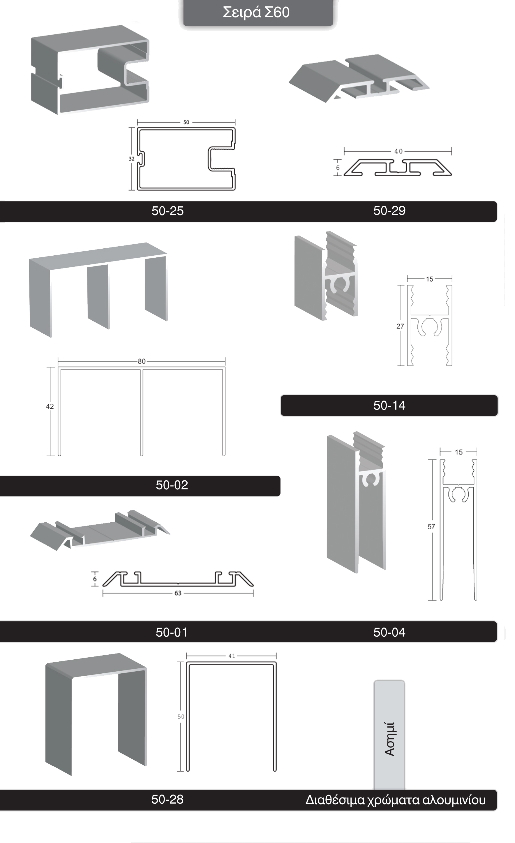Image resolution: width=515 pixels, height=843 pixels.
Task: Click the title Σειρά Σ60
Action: (x=256, y=12)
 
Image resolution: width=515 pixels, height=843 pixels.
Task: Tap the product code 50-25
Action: (x=167, y=211)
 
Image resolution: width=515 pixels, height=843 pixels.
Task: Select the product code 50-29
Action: (x=389, y=210)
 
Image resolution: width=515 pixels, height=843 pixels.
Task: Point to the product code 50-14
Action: (x=389, y=405)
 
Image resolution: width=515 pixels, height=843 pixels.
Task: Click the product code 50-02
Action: (x=172, y=485)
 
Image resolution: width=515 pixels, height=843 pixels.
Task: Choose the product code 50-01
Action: (x=172, y=632)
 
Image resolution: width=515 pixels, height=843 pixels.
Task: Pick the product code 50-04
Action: (x=389, y=632)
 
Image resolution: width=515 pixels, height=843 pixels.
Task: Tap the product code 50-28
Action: (x=167, y=799)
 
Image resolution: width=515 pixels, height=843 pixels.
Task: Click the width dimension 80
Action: (x=142, y=361)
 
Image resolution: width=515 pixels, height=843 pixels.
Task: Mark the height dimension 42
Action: (x=50, y=406)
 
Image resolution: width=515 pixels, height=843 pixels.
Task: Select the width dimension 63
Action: (x=178, y=593)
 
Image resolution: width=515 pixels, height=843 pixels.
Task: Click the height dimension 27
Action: (x=400, y=326)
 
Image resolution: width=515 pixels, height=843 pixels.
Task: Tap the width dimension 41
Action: (x=232, y=656)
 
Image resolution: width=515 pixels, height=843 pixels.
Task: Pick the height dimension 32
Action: (x=132, y=159)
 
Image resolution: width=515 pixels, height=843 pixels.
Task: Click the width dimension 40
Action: (x=398, y=151)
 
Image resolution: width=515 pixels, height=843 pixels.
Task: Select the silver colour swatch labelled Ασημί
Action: (x=389, y=735)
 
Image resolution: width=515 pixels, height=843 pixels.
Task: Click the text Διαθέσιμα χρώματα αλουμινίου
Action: (x=395, y=800)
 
